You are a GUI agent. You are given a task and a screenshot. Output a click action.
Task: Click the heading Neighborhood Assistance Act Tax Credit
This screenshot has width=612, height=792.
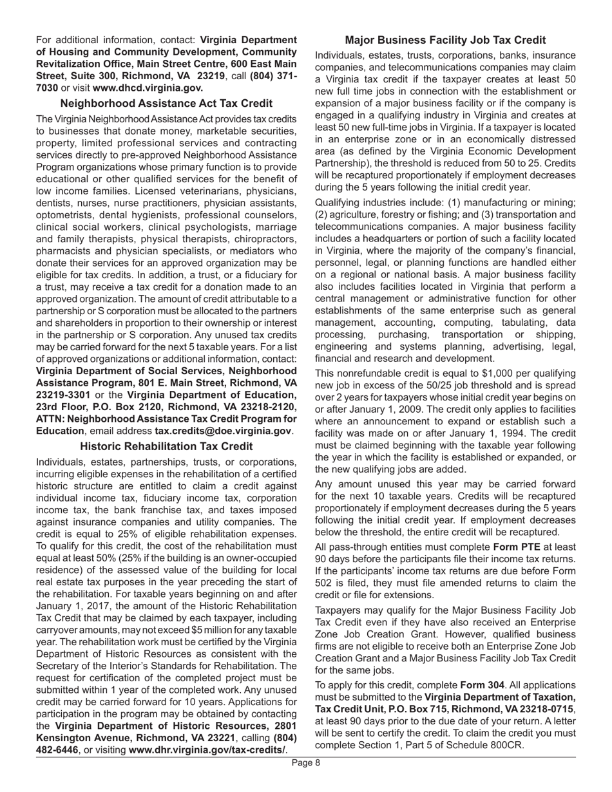pyautogui.click(x=166, y=103)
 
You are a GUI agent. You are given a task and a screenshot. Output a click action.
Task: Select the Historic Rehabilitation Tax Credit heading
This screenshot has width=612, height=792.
pyautogui.click(x=166, y=446)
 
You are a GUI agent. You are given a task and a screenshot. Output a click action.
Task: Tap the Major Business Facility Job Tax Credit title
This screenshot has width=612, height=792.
pyautogui.click(x=445, y=40)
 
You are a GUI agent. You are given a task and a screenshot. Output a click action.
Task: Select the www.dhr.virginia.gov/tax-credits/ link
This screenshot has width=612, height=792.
pyautogui.click(x=207, y=750)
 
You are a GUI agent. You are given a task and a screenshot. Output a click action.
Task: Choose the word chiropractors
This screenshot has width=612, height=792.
pyautogui.click(x=263, y=238)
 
